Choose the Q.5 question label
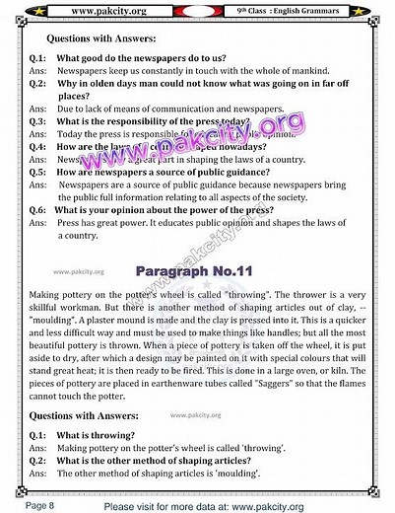pyautogui.click(x=39, y=171)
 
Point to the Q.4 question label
pyautogui.click(x=39, y=145)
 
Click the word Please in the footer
pyautogui.click(x=121, y=503)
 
